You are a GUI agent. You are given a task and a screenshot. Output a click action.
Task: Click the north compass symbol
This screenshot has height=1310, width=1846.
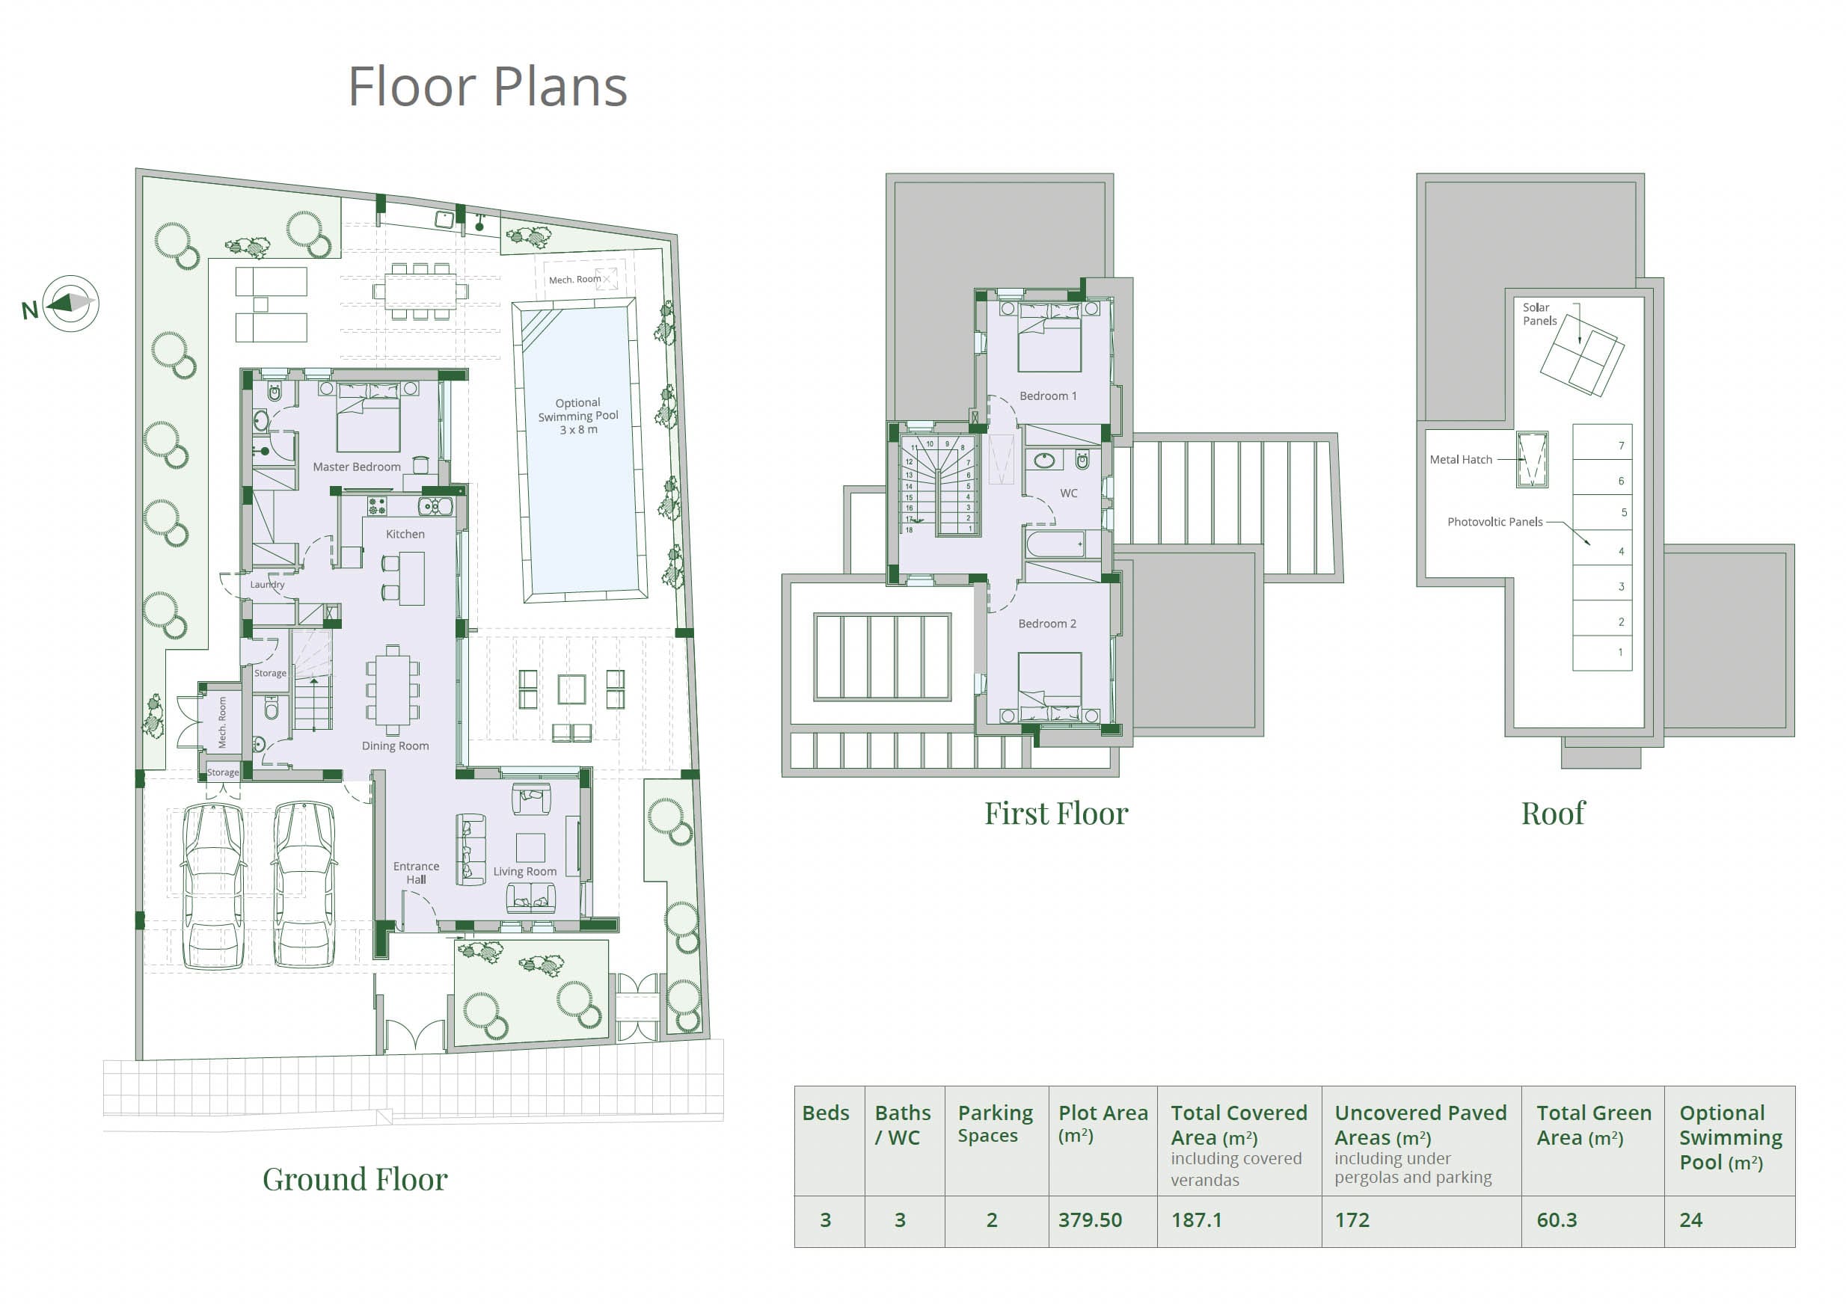tap(71, 304)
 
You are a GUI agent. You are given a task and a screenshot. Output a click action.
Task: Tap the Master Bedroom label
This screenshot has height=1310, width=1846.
tap(357, 467)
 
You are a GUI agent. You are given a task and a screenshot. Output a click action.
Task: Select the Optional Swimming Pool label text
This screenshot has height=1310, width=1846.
tap(578, 416)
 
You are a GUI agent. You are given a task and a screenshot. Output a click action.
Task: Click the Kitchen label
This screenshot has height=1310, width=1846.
tap(405, 534)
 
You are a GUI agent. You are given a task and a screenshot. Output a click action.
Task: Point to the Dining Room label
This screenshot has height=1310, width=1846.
tap(396, 746)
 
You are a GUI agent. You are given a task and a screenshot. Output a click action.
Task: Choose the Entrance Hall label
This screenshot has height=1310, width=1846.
tap(417, 873)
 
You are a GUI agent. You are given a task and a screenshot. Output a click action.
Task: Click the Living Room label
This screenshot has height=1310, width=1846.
tap(525, 871)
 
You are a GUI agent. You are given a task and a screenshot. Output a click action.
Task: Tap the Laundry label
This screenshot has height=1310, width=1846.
tap(267, 584)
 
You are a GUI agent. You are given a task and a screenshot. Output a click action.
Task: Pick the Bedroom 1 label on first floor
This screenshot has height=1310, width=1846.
tap(1048, 396)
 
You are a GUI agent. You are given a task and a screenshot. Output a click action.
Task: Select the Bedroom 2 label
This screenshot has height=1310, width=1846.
tap(1047, 624)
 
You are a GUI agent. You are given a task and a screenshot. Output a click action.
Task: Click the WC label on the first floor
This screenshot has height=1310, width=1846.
tap(1069, 493)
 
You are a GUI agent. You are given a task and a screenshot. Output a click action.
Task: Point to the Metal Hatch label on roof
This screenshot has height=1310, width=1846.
tap(1461, 460)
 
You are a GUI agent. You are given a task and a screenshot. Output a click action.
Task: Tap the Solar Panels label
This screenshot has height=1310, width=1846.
tap(1539, 314)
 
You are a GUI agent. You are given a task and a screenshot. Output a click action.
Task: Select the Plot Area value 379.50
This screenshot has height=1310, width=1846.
tap(1090, 1220)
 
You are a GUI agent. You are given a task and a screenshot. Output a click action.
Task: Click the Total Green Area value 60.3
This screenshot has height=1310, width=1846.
tap(1557, 1220)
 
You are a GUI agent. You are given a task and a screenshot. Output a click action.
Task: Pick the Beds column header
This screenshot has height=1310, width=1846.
tap(825, 1113)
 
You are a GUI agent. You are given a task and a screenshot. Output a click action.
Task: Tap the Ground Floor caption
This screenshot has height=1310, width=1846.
tap(355, 1179)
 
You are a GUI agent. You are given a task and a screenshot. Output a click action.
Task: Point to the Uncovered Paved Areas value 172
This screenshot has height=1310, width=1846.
tap(1352, 1220)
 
